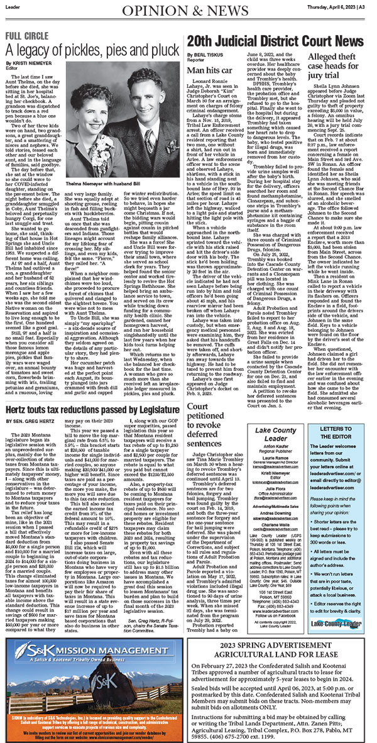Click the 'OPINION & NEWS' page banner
click(x=188, y=12)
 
